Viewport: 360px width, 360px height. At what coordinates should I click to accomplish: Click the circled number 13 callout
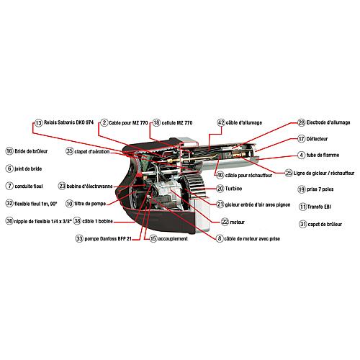coord(38,123)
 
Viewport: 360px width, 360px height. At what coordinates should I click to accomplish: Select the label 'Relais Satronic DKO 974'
coord(68,122)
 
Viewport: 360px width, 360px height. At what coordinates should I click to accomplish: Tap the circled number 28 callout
coord(302,122)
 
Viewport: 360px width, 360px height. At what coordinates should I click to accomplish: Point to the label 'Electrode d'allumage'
coord(328,122)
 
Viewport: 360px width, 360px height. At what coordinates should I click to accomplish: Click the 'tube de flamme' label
coord(323,155)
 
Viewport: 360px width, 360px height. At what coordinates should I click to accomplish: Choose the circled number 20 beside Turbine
coord(220,189)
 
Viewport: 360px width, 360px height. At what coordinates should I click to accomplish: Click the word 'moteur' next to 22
coord(237,222)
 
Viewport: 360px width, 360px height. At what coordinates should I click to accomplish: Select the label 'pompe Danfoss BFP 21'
coord(108,239)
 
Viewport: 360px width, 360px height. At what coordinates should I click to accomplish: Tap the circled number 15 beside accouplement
coord(153,238)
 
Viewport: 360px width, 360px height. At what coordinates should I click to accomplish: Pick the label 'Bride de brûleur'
coord(31,151)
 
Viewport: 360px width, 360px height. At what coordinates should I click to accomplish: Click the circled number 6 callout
coord(9,168)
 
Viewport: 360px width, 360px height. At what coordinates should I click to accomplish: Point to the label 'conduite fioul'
coord(29,186)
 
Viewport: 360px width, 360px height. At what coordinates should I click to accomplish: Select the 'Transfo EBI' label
coord(319,207)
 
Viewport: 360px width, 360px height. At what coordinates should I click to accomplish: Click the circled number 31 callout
coord(302,224)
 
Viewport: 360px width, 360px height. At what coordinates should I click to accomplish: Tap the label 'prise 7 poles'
coord(320,189)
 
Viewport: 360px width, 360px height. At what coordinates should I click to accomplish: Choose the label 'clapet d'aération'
coord(92,152)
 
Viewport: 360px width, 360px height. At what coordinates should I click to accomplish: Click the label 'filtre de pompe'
coord(90,204)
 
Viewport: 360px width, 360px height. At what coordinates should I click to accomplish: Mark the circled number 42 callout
coord(221,122)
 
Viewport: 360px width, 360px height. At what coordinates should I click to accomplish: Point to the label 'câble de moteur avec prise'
coord(252,239)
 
